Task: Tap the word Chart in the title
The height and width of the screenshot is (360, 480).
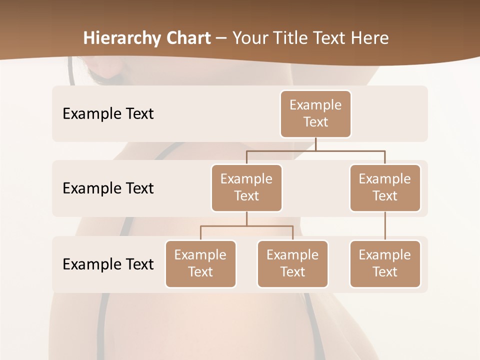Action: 188,38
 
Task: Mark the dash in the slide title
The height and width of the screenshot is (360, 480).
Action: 221,39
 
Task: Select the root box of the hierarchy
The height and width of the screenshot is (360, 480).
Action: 315,114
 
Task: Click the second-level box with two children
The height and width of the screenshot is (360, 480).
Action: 246,188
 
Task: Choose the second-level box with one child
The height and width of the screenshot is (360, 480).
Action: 385,188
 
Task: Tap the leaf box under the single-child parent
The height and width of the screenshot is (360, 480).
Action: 385,264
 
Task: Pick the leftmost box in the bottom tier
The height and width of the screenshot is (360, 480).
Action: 200,264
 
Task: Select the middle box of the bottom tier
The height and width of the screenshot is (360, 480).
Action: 292,264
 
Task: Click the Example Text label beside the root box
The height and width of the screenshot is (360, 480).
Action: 108,114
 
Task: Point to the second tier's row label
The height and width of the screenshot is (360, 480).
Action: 108,188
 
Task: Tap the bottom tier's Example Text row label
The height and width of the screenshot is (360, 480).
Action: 108,264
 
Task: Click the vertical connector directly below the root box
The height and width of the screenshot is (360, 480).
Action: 315,144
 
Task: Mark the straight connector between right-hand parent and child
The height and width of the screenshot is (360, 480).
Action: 385,226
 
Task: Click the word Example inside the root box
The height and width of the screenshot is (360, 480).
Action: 315,105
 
